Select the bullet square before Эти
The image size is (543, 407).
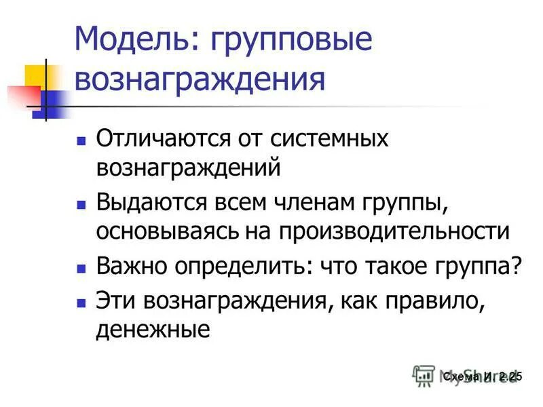click(81, 301)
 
